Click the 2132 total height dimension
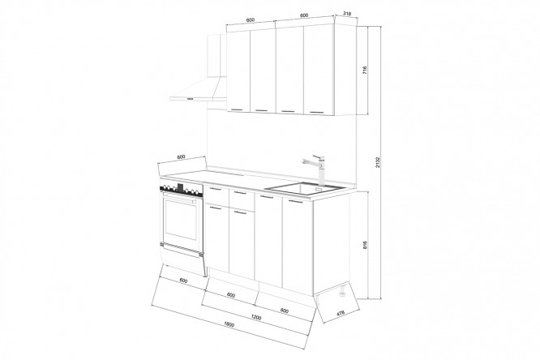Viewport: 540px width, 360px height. (x=378, y=162)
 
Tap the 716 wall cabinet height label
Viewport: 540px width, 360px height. (x=365, y=71)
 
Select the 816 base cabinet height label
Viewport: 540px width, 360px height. (x=365, y=245)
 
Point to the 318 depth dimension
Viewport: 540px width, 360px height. (x=347, y=14)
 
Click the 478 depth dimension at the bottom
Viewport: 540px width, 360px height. (x=341, y=314)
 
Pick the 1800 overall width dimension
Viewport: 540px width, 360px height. (x=229, y=324)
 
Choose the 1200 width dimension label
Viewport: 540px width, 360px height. (x=256, y=317)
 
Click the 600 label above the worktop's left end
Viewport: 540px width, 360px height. (x=181, y=156)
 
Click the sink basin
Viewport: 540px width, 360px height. (x=305, y=189)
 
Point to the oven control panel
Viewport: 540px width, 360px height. (x=181, y=190)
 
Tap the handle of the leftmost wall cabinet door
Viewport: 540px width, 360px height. (x=238, y=110)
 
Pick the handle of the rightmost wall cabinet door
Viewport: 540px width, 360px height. (x=316, y=112)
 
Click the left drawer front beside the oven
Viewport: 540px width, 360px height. (x=216, y=195)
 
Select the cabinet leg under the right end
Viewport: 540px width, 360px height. (x=343, y=291)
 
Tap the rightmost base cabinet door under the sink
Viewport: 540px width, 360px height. (x=298, y=246)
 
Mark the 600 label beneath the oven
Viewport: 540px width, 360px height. (x=184, y=281)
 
